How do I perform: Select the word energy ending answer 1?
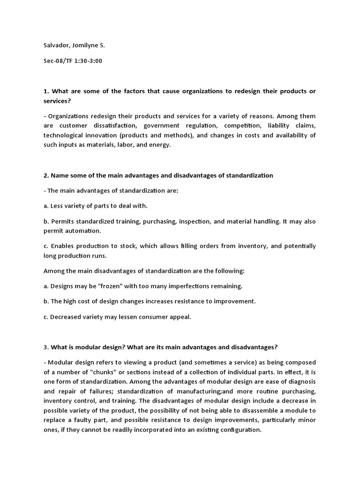click(160, 145)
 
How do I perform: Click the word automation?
click(84, 231)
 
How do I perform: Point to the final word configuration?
click(235, 430)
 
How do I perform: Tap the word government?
click(162, 126)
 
